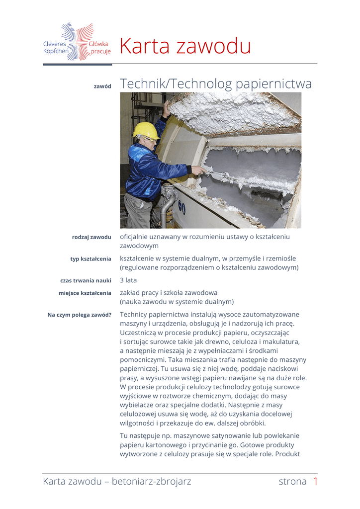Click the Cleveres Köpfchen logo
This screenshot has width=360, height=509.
click(77, 42)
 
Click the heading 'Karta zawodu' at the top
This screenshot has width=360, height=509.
click(185, 47)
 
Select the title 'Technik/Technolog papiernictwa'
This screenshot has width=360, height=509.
click(216, 84)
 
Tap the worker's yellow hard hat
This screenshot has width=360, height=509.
click(145, 130)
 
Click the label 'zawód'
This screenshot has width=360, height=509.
click(102, 86)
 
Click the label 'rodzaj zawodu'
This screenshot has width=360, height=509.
click(91, 237)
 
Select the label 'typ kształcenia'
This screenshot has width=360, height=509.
click(90, 259)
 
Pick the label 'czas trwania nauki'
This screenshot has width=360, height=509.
click(86, 281)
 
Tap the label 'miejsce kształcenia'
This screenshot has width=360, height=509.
click(85, 293)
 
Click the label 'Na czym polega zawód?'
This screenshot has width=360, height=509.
click(79, 315)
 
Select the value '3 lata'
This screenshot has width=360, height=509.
click(128, 280)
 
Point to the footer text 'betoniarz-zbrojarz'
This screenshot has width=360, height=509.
click(151, 481)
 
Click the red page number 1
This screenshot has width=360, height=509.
click(315, 481)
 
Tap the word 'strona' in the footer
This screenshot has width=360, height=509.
click(292, 481)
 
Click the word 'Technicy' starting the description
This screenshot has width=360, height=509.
click(135, 315)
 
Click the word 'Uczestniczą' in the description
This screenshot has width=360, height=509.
click(141, 333)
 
